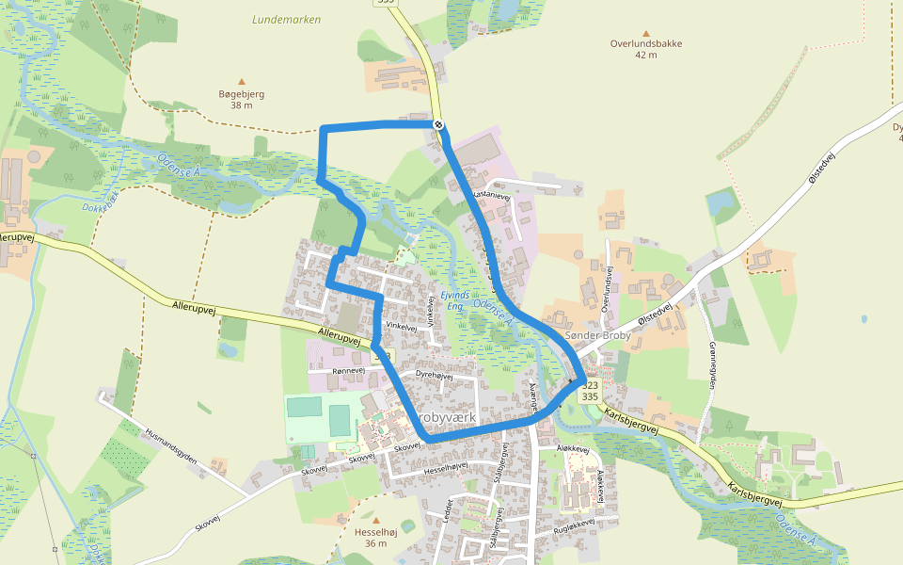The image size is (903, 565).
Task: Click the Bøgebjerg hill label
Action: click(242, 94)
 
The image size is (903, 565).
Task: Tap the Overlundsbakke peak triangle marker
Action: click(645, 32)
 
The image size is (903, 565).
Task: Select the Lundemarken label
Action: click(287, 19)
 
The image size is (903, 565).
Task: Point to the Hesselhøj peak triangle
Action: click(376, 520)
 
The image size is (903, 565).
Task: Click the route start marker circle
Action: click(438, 124)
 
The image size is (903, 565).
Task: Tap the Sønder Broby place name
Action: click(596, 336)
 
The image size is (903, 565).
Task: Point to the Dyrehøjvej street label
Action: click(435, 375)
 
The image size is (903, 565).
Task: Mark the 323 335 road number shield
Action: click(590, 391)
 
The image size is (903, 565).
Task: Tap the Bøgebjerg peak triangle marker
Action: click(242, 82)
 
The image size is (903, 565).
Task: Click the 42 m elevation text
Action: click(645, 56)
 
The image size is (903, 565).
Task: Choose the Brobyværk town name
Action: click(448, 417)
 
